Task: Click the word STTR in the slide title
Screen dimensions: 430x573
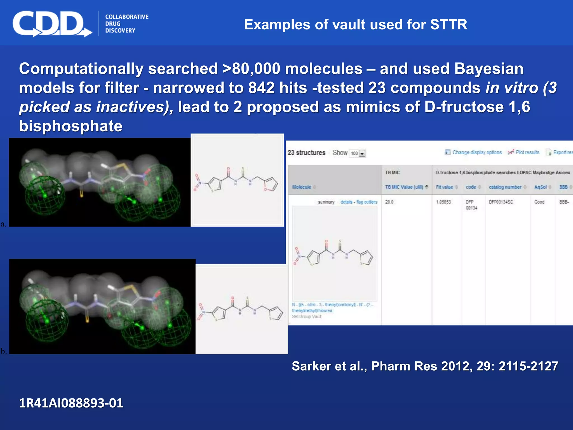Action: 448,25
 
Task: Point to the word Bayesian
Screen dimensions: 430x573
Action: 489,69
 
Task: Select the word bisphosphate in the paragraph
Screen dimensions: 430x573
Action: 71,126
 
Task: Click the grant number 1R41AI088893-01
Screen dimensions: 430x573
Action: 71,403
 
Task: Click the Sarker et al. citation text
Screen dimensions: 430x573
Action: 425,366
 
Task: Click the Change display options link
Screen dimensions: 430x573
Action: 477,152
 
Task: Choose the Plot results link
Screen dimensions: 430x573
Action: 527,152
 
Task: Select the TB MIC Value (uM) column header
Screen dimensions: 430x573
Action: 404,187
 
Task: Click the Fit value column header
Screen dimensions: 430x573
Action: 444,187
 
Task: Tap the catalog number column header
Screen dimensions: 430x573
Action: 505,187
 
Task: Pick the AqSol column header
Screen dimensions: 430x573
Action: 540,187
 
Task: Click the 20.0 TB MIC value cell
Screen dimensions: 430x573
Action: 389,202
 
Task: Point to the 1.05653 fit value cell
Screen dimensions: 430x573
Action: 443,202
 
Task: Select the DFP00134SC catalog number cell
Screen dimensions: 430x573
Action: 501,202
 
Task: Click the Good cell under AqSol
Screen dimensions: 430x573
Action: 539,202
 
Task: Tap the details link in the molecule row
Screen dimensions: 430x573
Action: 346,202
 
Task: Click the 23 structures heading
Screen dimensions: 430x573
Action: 306,153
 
